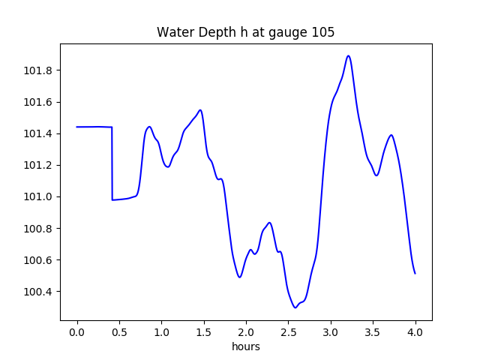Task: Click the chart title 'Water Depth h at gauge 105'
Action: [245, 33]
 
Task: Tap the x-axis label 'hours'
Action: [245, 347]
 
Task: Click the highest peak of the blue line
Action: [349, 55]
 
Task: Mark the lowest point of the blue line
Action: [295, 307]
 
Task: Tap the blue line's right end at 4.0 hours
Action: [415, 273]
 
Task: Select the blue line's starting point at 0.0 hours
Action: [77, 127]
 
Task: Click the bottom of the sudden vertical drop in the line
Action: [112, 199]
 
